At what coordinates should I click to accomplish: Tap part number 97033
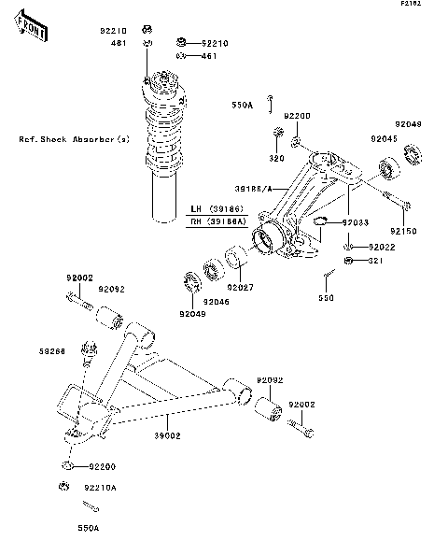[x=381, y=223]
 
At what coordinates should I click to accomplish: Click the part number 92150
[x=403, y=230]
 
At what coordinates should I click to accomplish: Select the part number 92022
[x=382, y=247]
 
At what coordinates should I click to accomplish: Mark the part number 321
[x=374, y=260]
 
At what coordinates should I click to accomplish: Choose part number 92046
[x=216, y=301]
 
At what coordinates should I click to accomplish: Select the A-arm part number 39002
[x=166, y=435]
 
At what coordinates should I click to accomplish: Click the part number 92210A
[x=101, y=487]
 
